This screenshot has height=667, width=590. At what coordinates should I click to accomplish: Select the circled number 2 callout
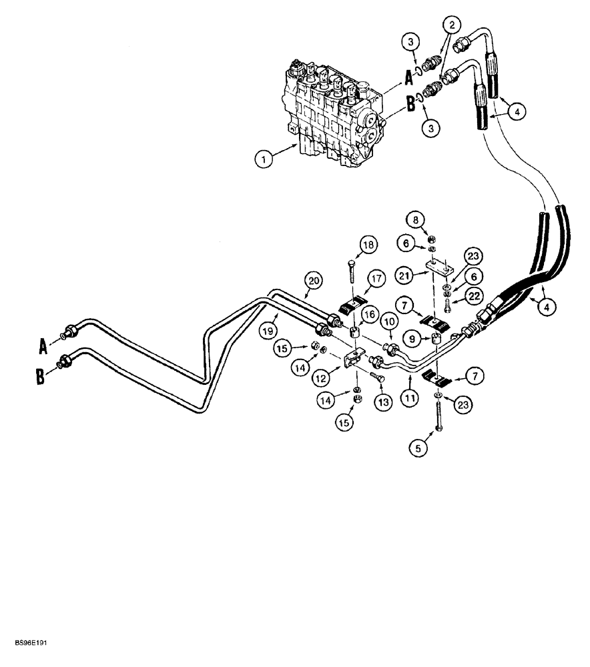453,26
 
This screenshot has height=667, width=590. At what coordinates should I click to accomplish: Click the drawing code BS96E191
29,645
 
